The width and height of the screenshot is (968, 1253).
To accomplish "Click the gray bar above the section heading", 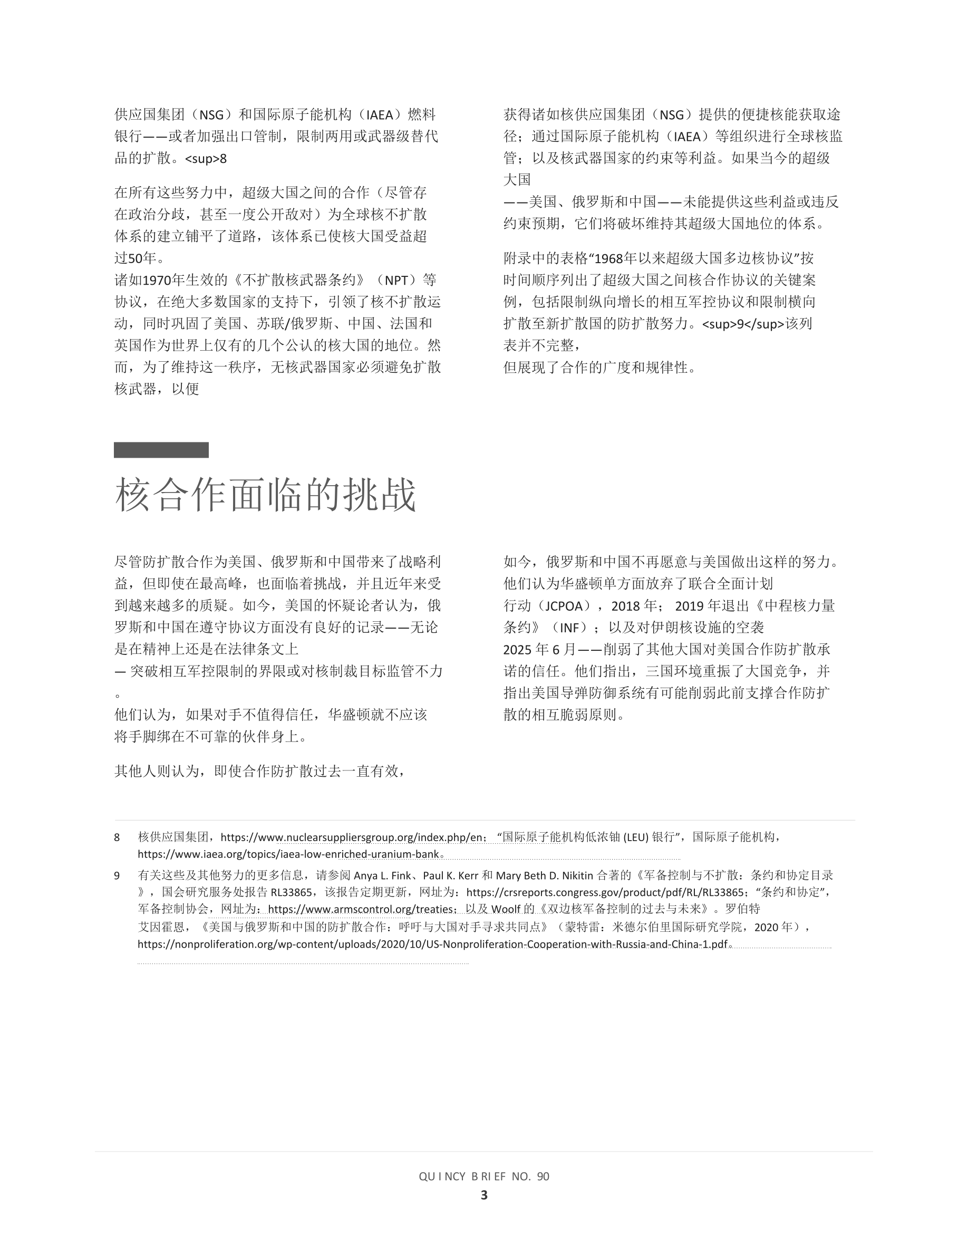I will (161, 450).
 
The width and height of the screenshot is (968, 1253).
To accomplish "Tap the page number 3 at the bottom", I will (484, 1195).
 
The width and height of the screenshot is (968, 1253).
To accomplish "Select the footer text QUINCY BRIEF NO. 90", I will (484, 1176).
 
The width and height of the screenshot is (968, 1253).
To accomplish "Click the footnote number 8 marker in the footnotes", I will (117, 837).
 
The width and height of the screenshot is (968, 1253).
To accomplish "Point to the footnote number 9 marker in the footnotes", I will (117, 875).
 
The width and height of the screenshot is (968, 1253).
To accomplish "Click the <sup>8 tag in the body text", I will (206, 159).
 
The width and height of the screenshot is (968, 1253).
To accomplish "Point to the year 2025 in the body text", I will (518, 650).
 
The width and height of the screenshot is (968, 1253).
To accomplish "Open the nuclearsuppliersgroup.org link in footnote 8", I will (351, 837).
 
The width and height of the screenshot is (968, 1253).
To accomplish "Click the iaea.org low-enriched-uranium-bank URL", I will (288, 854).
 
